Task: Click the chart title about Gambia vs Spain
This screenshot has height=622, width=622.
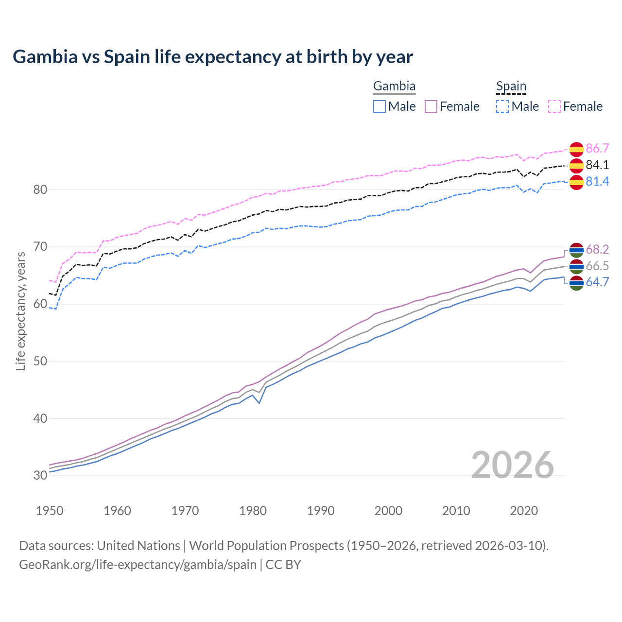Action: click(213, 57)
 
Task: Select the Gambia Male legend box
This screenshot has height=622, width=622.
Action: click(380, 106)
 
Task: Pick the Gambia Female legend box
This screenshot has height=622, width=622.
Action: click(431, 106)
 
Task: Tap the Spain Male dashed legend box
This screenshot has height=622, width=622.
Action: click(502, 106)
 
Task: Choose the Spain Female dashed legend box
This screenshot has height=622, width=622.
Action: click(554, 106)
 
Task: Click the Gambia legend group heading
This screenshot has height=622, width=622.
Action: click(394, 86)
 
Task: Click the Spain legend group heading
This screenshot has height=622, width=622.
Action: click(511, 86)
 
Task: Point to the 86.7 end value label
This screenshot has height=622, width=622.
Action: click(597, 149)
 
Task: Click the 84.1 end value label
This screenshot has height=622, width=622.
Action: click(597, 165)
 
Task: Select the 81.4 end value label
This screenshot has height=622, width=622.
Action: click(597, 182)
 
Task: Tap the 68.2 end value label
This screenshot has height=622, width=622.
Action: click(597, 250)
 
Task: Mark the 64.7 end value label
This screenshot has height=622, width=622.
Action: click(597, 282)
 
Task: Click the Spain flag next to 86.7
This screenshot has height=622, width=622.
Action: click(576, 149)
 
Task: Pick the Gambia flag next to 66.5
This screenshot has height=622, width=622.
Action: click(576, 266)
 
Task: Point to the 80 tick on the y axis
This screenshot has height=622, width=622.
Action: click(40, 190)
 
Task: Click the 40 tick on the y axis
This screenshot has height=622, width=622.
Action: click(40, 418)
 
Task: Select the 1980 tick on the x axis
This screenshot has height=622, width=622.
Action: click(253, 511)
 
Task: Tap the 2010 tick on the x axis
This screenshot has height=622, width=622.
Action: click(456, 511)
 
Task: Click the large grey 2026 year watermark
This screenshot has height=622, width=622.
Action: click(512, 465)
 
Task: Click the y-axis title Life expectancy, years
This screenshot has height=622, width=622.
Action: click(21, 311)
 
